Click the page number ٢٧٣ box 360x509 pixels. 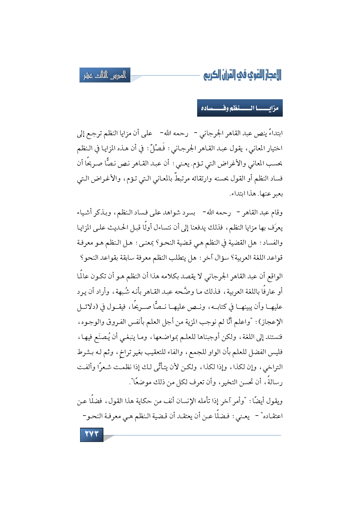coord(91,434)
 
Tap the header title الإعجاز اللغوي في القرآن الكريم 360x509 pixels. coord(242,75)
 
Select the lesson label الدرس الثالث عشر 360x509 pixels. coord(105,75)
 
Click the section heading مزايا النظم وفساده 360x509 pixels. coord(240,108)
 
